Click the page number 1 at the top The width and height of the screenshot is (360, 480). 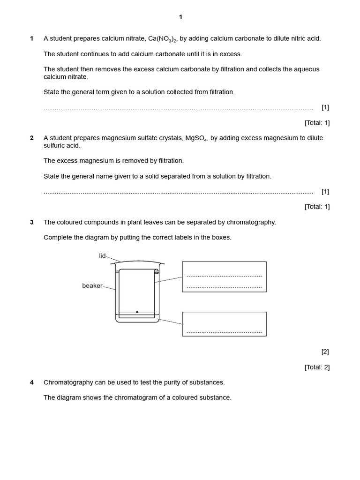(180, 17)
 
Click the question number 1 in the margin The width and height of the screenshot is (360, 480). (31, 38)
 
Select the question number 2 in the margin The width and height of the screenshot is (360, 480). (31, 138)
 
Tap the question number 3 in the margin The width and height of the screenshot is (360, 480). (31, 222)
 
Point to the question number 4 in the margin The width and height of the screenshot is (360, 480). (31, 382)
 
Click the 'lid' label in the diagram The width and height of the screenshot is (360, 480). (102, 255)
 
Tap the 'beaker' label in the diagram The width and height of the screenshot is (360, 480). (92, 285)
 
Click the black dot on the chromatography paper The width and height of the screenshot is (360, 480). (137, 312)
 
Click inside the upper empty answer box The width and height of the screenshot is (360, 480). (224, 277)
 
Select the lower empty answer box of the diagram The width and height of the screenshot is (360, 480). (224, 324)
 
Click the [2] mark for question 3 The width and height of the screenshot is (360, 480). (325, 352)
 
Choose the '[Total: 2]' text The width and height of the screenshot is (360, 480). (317, 367)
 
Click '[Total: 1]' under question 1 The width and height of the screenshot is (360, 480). (317, 123)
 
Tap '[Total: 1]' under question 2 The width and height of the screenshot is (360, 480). (317, 206)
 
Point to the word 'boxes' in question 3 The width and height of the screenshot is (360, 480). (221, 237)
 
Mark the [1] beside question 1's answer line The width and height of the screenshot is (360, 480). (325, 107)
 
